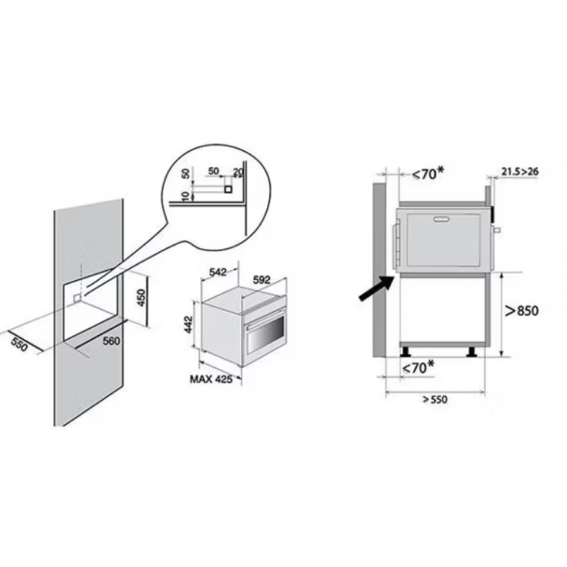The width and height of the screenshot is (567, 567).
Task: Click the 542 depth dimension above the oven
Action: (218, 272)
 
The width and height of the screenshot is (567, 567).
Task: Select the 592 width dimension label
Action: (262, 280)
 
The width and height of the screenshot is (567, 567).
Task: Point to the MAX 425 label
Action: (211, 379)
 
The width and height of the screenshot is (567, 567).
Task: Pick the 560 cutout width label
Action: (111, 341)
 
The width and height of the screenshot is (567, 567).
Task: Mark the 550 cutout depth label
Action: (19, 344)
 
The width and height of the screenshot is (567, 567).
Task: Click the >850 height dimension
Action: (522, 310)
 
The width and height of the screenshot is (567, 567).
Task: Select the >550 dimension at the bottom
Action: (435, 400)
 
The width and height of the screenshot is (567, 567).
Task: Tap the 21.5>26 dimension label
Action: (520, 171)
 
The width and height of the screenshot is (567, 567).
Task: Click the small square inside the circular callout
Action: (228, 189)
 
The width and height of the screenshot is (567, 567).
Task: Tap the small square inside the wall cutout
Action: (77, 298)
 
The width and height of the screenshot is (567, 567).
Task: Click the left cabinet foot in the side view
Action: (405, 352)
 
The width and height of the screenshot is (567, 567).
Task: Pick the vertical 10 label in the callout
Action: (185, 196)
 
